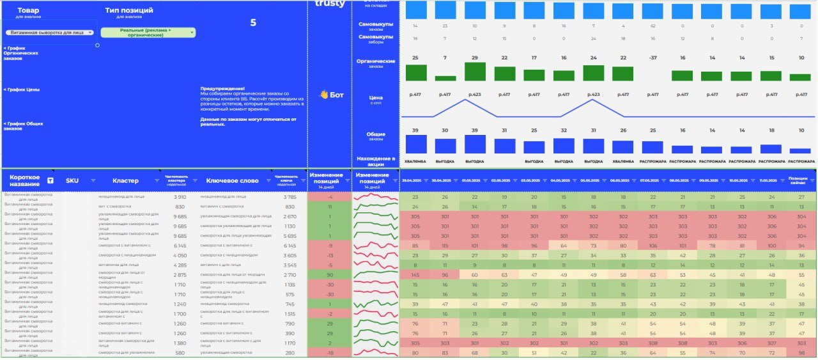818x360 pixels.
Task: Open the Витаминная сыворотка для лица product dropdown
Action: (50, 33)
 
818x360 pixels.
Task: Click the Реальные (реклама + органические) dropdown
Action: (148, 33)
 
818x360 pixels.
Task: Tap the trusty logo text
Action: (330, 4)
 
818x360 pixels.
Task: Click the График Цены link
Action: (22, 90)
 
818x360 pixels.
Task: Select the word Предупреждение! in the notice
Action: (222, 88)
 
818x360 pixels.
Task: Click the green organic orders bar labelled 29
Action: (475, 72)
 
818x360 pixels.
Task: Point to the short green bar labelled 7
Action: (445, 78)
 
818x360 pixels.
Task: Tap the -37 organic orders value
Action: (652, 58)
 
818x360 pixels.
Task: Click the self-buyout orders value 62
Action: (652, 26)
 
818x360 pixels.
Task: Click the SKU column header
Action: (72, 181)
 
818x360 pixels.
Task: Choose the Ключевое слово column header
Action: (232, 181)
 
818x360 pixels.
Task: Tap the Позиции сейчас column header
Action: (798, 180)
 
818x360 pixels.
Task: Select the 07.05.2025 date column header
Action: (649, 180)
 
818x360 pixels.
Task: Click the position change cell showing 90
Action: (330, 274)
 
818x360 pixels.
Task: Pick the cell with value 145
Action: (415, 274)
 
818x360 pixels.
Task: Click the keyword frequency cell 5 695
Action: (289, 235)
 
